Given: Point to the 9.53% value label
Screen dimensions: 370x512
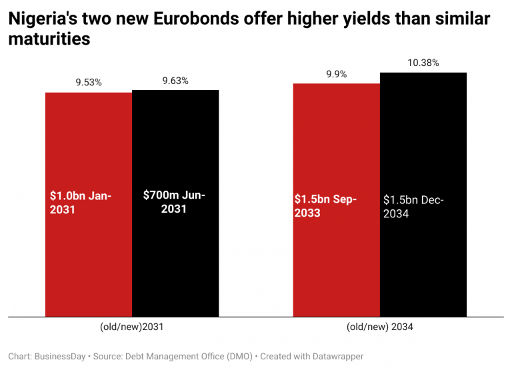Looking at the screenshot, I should click(89, 83).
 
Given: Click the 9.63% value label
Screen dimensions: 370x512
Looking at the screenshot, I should click(175, 81).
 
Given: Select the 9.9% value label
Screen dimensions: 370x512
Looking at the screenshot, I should click(336, 74).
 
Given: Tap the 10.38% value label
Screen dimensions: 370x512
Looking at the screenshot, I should click(423, 63).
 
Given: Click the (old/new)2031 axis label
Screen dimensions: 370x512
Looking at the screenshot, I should click(131, 327).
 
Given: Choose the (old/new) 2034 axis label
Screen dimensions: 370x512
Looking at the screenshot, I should click(380, 327).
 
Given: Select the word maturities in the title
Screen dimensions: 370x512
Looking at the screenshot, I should click(49, 39).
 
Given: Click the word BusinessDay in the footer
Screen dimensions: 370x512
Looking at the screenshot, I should click(60, 357).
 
